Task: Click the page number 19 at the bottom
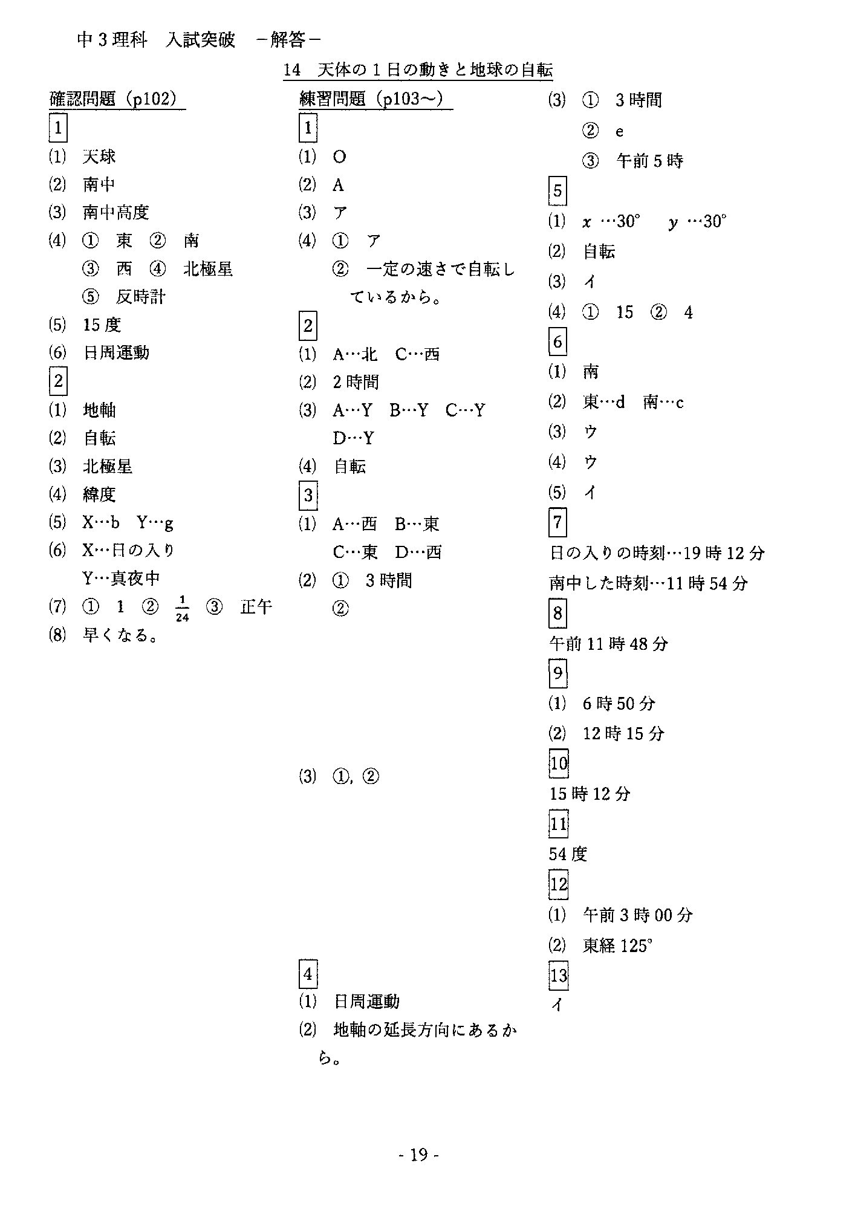[418, 1155]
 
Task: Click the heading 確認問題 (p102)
[117, 99]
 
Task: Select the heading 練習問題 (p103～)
[375, 99]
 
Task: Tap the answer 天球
[99, 157]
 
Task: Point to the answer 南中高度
[115, 213]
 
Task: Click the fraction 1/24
[182, 608]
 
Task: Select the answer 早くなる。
[121, 635]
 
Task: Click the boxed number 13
[558, 976]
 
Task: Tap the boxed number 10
[558, 763]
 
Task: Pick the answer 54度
[568, 854]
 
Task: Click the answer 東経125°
[617, 945]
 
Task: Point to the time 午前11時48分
[608, 644]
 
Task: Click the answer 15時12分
[590, 794]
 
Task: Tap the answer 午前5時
[649, 161]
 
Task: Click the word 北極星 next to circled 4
[208, 269]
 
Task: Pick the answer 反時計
[140, 297]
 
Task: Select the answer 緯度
[99, 494]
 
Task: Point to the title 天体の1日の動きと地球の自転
[435, 71]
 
